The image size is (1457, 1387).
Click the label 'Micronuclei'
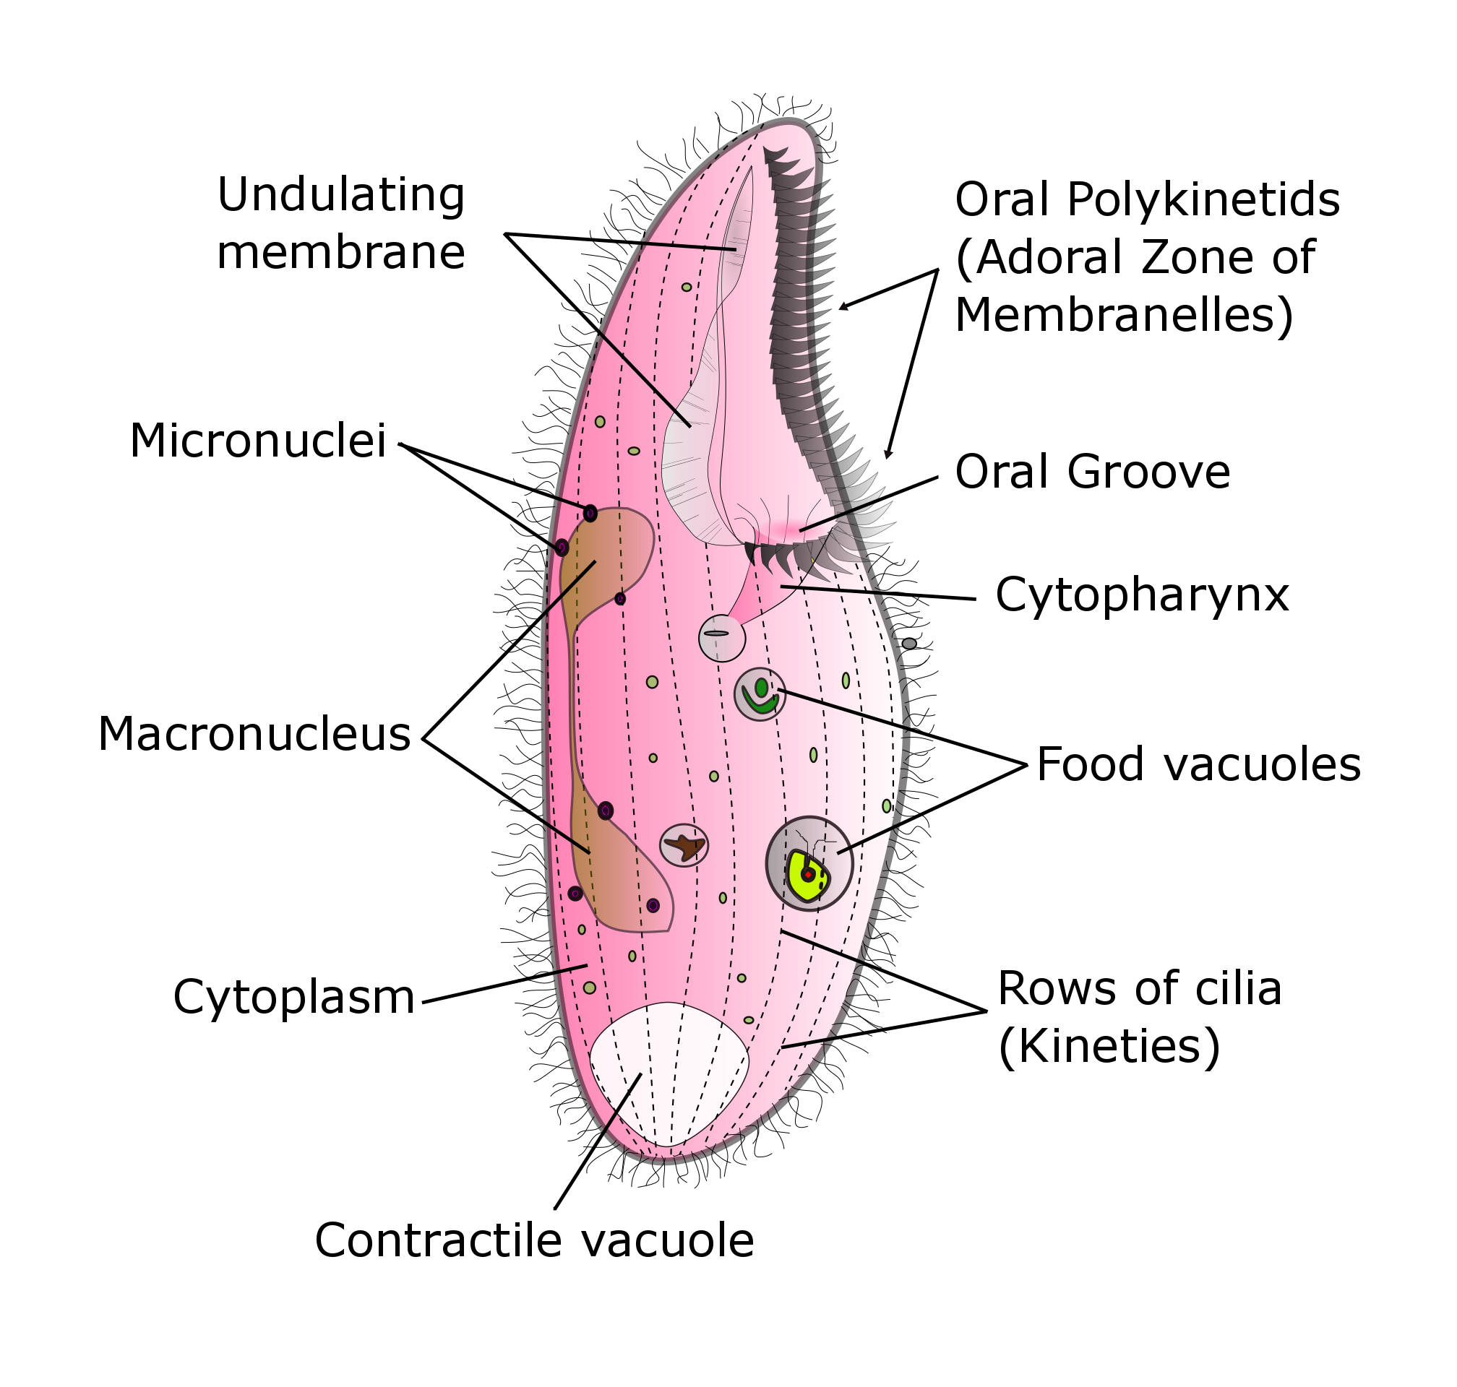(x=257, y=441)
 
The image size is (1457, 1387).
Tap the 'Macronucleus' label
(x=254, y=734)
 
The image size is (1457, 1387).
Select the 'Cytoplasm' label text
(x=293, y=997)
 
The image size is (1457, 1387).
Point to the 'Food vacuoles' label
(x=1198, y=764)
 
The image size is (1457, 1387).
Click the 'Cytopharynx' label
(x=1142, y=595)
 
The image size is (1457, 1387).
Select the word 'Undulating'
(x=341, y=195)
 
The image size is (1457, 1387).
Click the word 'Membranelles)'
(x=1124, y=314)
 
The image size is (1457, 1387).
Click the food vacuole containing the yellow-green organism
(x=809, y=863)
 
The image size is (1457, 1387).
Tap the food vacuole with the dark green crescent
(x=760, y=693)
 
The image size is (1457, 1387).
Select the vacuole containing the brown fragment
(x=684, y=845)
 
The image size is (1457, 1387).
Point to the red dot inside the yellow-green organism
(x=807, y=875)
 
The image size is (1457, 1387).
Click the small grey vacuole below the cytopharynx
(x=721, y=637)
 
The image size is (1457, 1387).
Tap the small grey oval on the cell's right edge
(x=909, y=643)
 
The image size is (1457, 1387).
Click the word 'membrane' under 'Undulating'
(x=341, y=253)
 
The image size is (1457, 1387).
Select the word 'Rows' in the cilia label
(x=1044, y=988)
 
